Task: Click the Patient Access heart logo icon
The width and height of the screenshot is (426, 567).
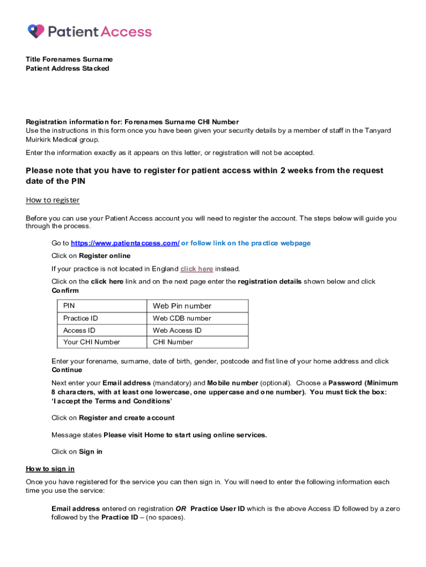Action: click(36, 31)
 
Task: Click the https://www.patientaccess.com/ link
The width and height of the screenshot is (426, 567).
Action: click(125, 243)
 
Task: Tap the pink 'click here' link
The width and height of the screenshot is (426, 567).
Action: click(196, 269)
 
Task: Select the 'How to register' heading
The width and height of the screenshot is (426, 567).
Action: click(53, 200)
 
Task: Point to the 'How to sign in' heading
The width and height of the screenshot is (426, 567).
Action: click(50, 469)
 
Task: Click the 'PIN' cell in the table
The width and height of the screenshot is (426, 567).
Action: click(69, 306)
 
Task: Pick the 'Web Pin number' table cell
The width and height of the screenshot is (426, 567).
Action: click(182, 306)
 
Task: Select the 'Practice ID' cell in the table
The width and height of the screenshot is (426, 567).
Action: click(80, 318)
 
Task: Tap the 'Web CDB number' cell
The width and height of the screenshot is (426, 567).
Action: click(182, 318)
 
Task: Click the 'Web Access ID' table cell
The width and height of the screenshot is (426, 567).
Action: click(177, 331)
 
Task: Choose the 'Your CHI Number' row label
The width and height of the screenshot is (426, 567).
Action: click(91, 342)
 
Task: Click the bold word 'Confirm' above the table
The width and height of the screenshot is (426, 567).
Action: click(65, 291)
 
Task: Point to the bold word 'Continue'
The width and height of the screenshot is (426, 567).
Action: click(66, 370)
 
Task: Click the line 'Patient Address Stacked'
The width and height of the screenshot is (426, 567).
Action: click(67, 69)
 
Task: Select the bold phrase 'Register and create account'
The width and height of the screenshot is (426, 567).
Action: click(127, 418)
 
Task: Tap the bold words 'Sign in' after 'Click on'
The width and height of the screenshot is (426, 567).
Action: click(91, 452)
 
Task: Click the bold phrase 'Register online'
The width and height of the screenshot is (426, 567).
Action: click(105, 256)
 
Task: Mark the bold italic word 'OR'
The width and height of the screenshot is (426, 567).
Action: click(180, 509)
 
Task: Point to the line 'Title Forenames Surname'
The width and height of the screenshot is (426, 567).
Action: click(69, 59)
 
